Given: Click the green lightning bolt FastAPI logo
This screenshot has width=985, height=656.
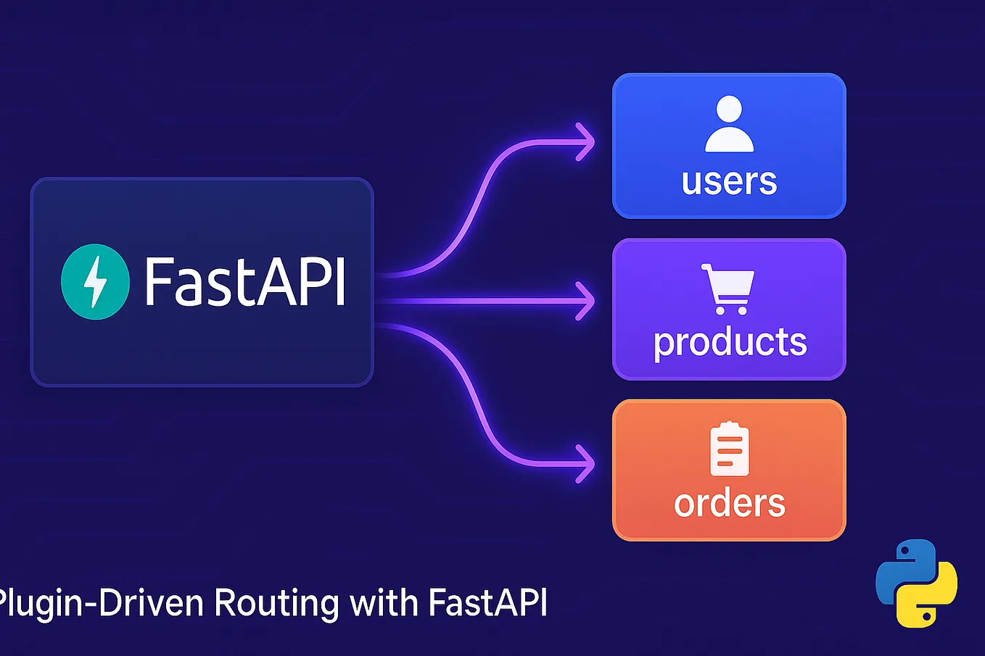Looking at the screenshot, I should [x=95, y=282].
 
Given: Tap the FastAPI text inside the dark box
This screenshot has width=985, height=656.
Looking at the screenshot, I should [x=245, y=282].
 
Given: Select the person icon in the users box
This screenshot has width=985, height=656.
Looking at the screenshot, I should [x=729, y=124].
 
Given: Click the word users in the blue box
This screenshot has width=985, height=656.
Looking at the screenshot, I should [x=729, y=181].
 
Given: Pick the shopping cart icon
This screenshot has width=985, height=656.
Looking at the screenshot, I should [x=728, y=288].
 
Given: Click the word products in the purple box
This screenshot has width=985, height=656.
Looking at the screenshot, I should [x=730, y=342].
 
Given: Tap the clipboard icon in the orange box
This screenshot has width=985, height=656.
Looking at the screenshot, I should [x=729, y=449].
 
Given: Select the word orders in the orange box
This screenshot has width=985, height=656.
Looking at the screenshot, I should [x=729, y=503].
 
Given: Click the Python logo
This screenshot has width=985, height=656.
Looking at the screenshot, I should [x=916, y=583].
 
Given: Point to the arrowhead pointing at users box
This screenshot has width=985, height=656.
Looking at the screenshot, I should [x=585, y=142].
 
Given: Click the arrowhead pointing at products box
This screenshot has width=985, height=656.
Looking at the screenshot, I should [x=585, y=301].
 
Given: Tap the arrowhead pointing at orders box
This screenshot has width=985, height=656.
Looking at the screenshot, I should [x=585, y=463].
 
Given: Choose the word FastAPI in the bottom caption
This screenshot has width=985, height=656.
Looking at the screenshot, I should [x=487, y=603].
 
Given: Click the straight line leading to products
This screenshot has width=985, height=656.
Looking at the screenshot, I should [x=479, y=301].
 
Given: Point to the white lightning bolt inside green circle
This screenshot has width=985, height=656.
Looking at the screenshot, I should [x=95, y=282].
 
